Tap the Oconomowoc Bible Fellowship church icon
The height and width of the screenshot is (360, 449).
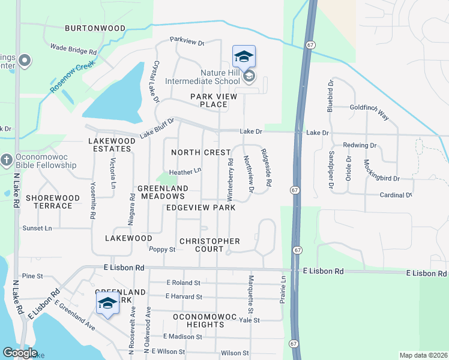[x=7, y=160]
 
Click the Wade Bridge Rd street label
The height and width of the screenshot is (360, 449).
[x=74, y=47]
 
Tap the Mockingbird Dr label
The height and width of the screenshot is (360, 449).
[x=382, y=170]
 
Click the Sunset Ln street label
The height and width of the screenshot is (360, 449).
[x=37, y=229]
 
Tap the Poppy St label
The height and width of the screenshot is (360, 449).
[x=162, y=250]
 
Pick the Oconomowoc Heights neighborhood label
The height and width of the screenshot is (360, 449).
[x=207, y=320]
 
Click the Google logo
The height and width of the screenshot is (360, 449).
[x=19, y=353]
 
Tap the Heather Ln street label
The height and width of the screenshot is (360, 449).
[x=185, y=172]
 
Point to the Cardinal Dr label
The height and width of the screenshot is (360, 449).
[x=396, y=195]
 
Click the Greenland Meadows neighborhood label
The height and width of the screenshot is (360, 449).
[x=162, y=192]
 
